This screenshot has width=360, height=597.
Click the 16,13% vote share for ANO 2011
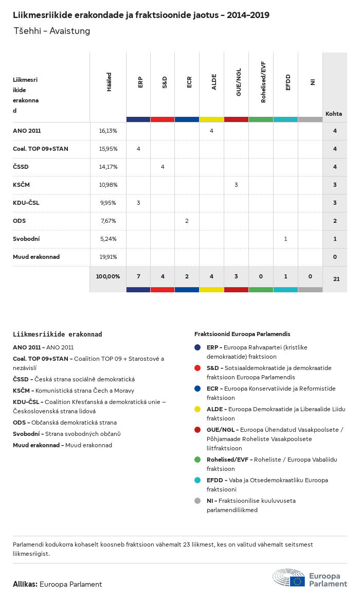coord(108,131)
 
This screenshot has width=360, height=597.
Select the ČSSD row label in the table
coord(21,167)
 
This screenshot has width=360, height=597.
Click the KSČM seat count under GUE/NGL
coord(236,185)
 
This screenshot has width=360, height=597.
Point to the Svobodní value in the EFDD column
coord(285,239)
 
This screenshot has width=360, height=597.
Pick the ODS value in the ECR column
coord(187,221)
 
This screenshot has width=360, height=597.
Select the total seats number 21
coord(336,279)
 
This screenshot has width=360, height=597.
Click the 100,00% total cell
coord(108,276)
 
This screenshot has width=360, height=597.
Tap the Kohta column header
coord(334,114)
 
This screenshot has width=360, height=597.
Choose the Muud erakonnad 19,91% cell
coord(108,257)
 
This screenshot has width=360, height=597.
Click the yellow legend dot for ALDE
coord(197,409)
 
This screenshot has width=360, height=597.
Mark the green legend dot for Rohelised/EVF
coord(197,459)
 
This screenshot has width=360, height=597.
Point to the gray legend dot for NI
coord(197,500)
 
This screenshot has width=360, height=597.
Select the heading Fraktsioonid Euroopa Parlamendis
coord(242,334)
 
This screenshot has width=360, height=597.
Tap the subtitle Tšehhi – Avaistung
coord(51,31)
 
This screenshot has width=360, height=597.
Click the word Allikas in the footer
coord(25,584)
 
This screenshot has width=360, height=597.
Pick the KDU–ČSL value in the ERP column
coord(138,203)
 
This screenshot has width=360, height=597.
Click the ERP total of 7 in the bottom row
coord(138,276)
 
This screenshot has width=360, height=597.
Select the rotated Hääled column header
coord(109,82)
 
